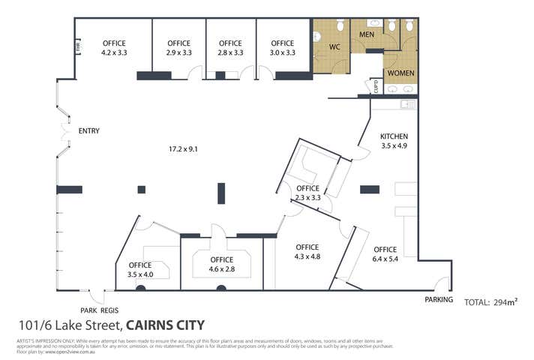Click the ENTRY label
coord(88,131)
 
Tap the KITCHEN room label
coord(394,136)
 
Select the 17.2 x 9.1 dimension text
coord(182,148)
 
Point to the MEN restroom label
coord(367,34)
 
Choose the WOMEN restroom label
coord(400,73)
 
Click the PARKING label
coord(439,300)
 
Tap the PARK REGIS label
coord(99,310)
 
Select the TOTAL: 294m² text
coord(492,302)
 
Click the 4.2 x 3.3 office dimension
coord(114,53)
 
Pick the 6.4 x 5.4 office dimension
coord(385,259)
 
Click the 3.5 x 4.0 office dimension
coord(140,274)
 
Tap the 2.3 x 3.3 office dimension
coord(307,198)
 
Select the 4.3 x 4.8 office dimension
coord(307,257)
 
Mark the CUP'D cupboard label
coord(377,88)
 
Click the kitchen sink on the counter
coord(407,104)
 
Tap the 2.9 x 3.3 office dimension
coord(179,53)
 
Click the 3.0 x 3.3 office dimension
coord(282,53)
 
